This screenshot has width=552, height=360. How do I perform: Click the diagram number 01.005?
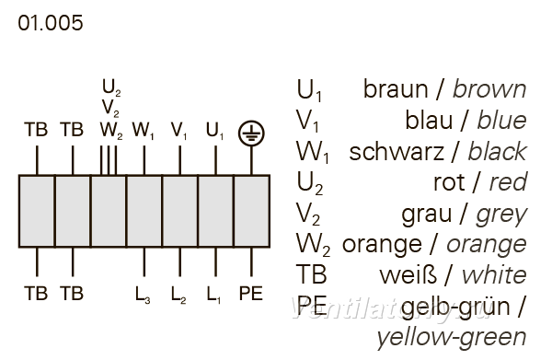coord(51,23)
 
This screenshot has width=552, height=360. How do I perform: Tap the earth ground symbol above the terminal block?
coord(251,134)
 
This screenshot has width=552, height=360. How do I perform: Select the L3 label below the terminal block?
coord(143,295)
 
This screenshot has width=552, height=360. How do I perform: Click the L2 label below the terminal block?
coord(178,295)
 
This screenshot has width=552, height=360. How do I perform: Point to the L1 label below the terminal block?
coord(213,295)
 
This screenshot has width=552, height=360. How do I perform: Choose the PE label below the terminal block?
coord(250,293)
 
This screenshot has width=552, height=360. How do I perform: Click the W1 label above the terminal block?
coord(143,131)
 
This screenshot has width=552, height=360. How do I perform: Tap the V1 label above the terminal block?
coord(178,131)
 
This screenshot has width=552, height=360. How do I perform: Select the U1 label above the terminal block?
coord(214,131)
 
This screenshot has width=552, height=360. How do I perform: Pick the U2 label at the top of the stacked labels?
coord(111,87)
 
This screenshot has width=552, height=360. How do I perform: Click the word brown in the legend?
coord(489,89)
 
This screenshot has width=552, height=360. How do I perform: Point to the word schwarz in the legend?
coord(397,152)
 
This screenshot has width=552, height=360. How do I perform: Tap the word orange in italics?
coord(487,245)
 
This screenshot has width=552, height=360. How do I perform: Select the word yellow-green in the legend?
coord(452,337)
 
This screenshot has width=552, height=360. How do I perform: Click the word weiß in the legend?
coord(408,275)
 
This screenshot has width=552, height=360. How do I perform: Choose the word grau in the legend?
coord(426,214)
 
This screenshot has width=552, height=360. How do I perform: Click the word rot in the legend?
coord(449,182)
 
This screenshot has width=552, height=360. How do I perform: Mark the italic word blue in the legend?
coord(501,120)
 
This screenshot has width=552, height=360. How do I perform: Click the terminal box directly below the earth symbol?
coord(252,211)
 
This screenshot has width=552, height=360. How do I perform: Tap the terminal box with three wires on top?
coord(109,211)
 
